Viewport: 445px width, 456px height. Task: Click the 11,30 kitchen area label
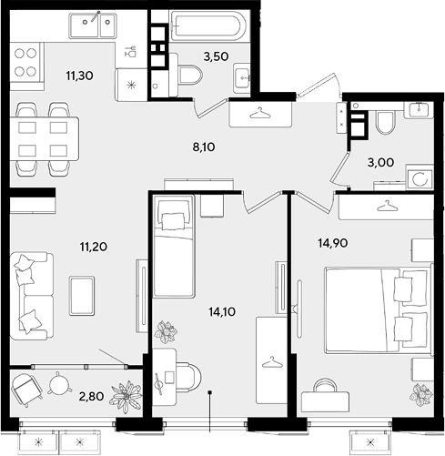coord(80,76)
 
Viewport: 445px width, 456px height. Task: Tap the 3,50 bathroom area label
coord(216,56)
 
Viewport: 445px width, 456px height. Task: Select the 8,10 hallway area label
coord(204,147)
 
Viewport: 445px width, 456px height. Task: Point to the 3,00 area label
coord(380,163)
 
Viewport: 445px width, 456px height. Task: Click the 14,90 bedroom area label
coord(333,243)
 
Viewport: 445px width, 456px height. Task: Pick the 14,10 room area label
coord(222,311)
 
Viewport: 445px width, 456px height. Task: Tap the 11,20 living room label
coord(94,247)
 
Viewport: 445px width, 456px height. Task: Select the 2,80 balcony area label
coord(91,396)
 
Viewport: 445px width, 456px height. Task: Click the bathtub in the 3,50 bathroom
coord(207,26)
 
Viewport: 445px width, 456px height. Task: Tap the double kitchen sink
coord(93,25)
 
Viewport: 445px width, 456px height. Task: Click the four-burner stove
coord(25,62)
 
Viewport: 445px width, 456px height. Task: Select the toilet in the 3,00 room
coord(386,122)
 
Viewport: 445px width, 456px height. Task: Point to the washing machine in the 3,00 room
coord(420,178)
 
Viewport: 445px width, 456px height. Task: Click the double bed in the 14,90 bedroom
coord(378,309)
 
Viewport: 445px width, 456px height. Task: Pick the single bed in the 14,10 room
coord(174,246)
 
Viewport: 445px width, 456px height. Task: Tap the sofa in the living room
coord(32,296)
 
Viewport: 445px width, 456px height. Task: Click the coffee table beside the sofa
coord(82,296)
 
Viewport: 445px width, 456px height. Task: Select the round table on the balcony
coord(60,384)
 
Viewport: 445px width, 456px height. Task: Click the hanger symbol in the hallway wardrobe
coord(260,114)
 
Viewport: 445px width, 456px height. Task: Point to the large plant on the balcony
coord(126,397)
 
